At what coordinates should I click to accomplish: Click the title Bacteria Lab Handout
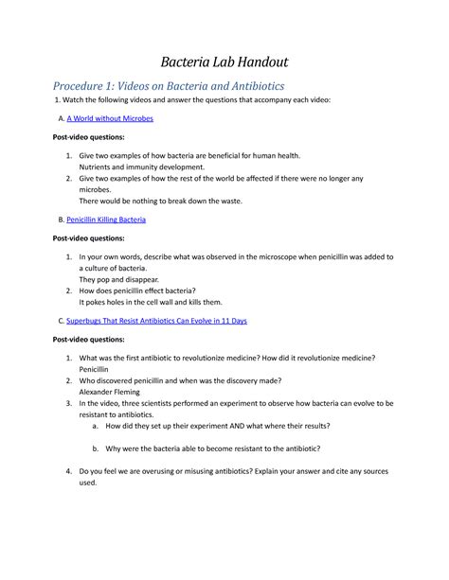coord(224,63)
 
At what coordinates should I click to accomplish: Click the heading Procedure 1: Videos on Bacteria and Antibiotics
coord(168,85)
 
